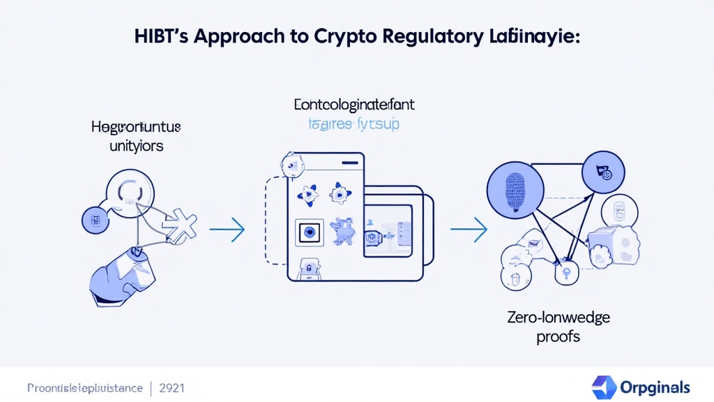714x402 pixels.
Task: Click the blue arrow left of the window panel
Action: coord(227,229)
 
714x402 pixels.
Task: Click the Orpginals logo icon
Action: coord(603,387)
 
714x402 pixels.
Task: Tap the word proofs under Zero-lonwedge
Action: coord(559,336)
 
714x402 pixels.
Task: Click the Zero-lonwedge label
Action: coord(559,318)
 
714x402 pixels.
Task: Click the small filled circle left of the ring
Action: coord(93,220)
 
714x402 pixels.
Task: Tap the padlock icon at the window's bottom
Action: coord(307,268)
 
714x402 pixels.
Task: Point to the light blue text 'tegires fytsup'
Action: coord(354,125)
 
